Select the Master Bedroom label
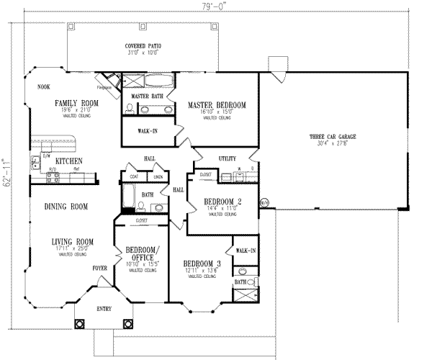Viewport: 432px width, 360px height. (x=217, y=105)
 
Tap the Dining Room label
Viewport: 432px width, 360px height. (x=66, y=207)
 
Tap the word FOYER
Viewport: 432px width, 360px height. (x=99, y=268)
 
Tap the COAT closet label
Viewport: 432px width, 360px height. (x=134, y=176)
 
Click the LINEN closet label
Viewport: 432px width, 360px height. (x=159, y=176)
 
